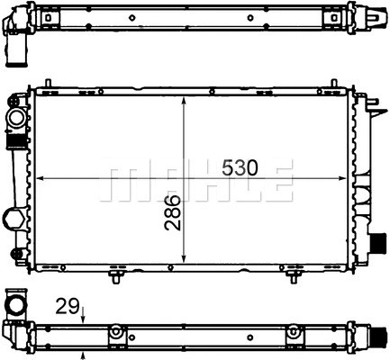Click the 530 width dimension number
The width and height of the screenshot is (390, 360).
(240, 167)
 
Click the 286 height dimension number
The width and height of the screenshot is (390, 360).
(173, 212)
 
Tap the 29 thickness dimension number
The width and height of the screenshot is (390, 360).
(68, 306)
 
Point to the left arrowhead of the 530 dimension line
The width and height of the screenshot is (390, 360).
(40, 178)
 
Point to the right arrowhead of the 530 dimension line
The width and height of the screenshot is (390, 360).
(342, 178)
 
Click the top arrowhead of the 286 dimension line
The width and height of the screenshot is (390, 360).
(184, 102)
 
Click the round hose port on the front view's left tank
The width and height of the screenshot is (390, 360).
(15, 118)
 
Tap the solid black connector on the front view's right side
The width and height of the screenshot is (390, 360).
(378, 243)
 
